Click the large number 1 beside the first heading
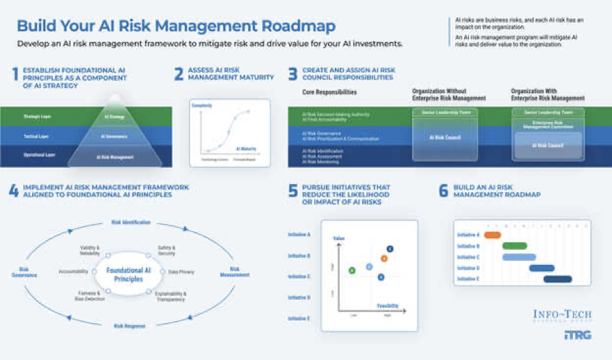pyautogui.click(x=14, y=75)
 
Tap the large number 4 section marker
pyautogui.click(x=14, y=191)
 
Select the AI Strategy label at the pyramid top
pyautogui.click(x=114, y=117)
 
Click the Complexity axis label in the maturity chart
pyautogui.click(x=202, y=106)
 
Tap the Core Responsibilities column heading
pyautogui.click(x=329, y=92)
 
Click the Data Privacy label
pyautogui.click(x=181, y=272)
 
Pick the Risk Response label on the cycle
pyautogui.click(x=129, y=326)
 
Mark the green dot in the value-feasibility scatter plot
pyautogui.click(x=352, y=270)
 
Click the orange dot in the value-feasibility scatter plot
pyautogui.click(x=384, y=258)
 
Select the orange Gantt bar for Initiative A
pyautogui.click(x=492, y=235)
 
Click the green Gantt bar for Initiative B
pyautogui.click(x=514, y=246)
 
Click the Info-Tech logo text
pyautogui.click(x=561, y=314)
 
